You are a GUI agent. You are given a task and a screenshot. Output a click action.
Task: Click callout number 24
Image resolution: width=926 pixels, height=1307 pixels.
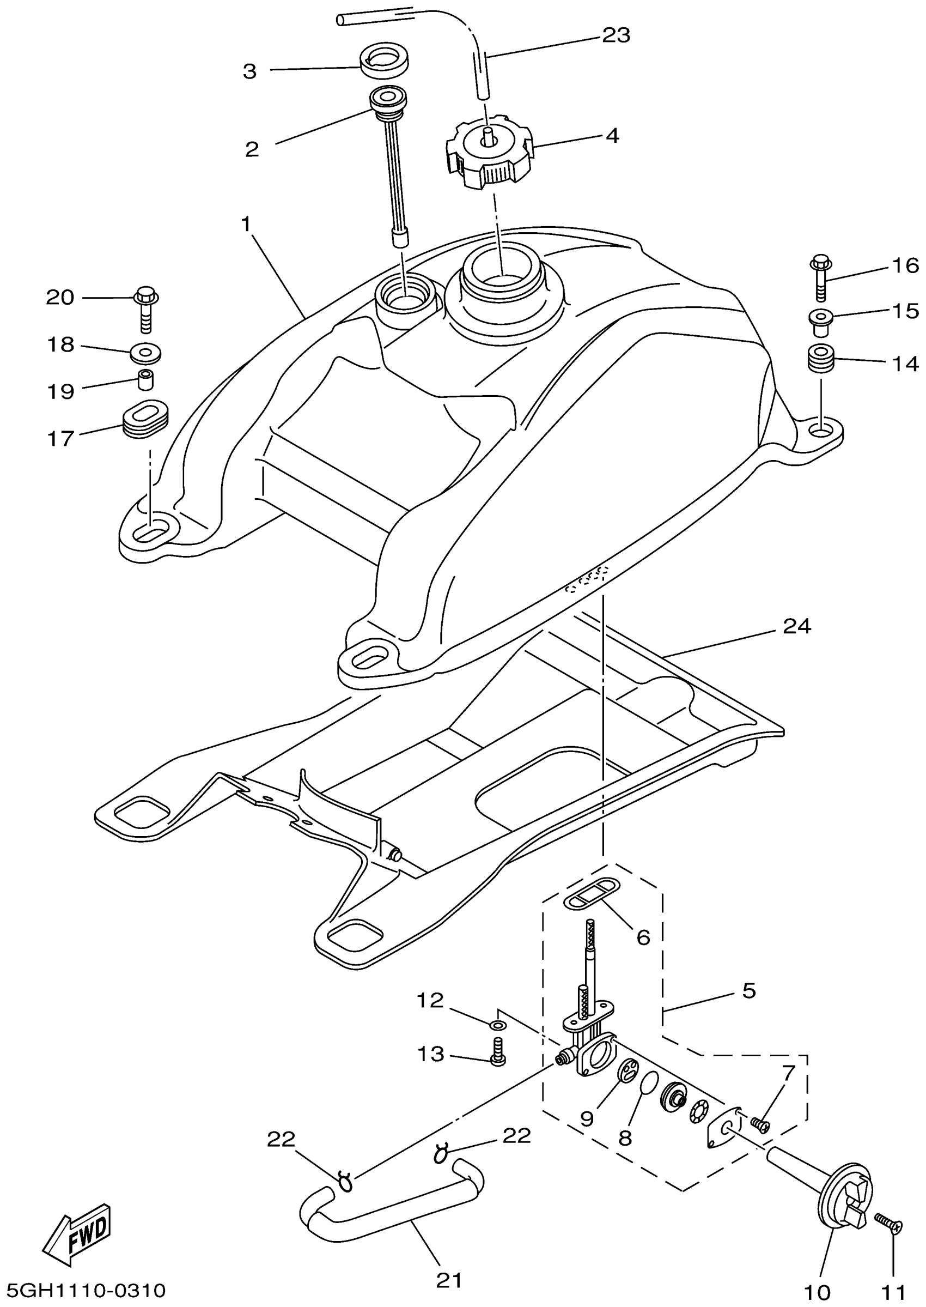[x=796, y=627]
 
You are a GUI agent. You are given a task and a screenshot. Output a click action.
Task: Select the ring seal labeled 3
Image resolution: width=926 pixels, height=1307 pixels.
[x=383, y=60]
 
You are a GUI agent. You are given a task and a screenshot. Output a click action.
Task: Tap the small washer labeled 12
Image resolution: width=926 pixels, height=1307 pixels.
[x=498, y=1026]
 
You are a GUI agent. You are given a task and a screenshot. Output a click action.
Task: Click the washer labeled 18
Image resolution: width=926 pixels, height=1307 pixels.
[x=146, y=353]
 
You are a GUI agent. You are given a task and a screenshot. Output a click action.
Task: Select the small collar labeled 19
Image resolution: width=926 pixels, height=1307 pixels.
[x=147, y=379]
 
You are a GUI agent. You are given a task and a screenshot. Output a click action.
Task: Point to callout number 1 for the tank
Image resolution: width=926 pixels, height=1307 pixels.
[x=246, y=225]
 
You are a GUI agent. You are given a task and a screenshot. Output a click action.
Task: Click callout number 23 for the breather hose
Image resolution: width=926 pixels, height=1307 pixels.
[x=617, y=35]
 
